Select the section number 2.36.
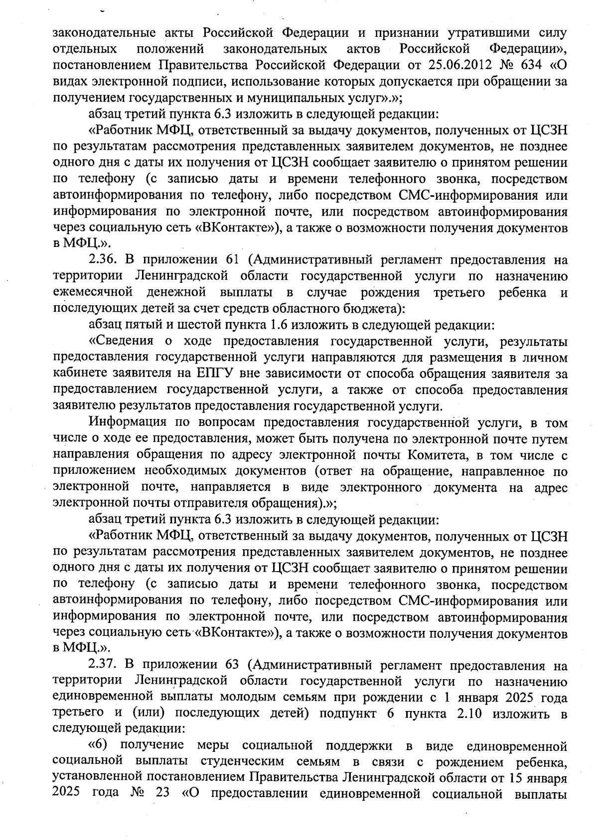102,260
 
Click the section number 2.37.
102,666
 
